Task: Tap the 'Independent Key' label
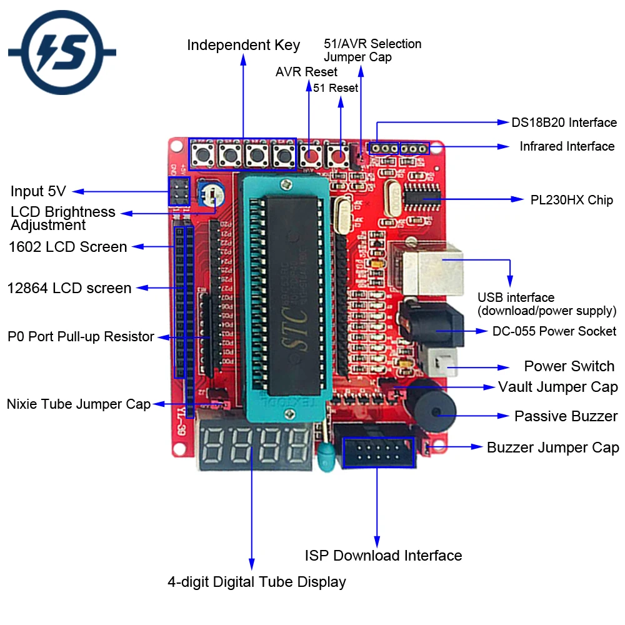click(243, 45)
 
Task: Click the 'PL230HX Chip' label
click(571, 200)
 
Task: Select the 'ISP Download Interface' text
click(383, 555)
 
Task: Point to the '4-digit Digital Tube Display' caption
click(256, 582)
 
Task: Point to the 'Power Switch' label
click(569, 366)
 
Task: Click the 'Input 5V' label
click(37, 191)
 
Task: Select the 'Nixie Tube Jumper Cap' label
click(79, 404)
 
